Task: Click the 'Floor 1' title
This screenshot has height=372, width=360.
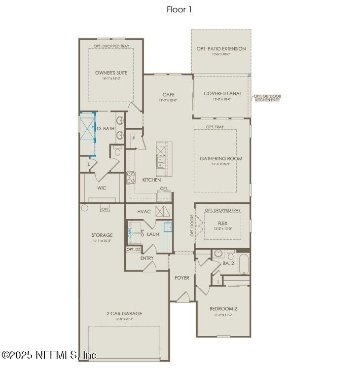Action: coord(180,9)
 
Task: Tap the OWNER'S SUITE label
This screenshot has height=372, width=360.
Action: coord(111,73)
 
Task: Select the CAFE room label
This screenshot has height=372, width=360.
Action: coord(168,95)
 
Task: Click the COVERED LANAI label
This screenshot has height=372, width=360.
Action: coord(220,93)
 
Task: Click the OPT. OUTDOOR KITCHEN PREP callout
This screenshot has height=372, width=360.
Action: coord(266,98)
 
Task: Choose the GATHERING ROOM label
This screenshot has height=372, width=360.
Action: coord(220,158)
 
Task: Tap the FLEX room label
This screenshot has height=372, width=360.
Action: coord(222,223)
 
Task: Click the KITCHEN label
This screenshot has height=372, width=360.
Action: coord(151,180)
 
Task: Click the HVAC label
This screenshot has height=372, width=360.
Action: coord(144,211)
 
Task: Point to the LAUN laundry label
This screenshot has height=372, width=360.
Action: coord(153,234)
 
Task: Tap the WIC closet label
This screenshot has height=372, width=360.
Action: coord(102,188)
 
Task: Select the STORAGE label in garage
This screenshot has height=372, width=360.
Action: coord(102,235)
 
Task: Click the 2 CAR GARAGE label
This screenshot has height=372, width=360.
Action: coord(124,313)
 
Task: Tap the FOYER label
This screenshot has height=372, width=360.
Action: coord(182,278)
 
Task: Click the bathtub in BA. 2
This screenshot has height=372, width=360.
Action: coord(244,264)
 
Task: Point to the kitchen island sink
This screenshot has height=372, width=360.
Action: coord(161,163)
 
